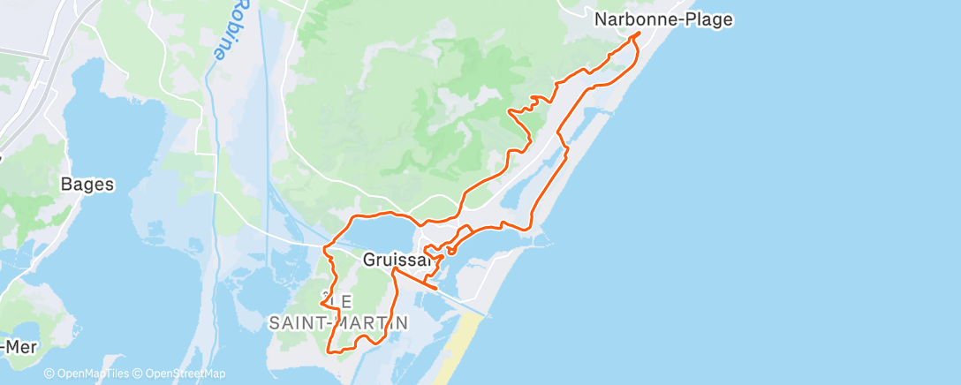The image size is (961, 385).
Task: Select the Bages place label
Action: point(87,185)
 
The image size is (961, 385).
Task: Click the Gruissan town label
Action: point(397,260)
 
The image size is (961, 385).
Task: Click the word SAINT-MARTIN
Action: point(338,323)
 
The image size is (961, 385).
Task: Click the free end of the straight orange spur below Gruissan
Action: point(437,288)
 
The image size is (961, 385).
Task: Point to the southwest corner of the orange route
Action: point(329,351)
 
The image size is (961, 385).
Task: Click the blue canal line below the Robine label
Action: point(212,132)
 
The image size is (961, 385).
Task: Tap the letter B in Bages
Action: point(65,185)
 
